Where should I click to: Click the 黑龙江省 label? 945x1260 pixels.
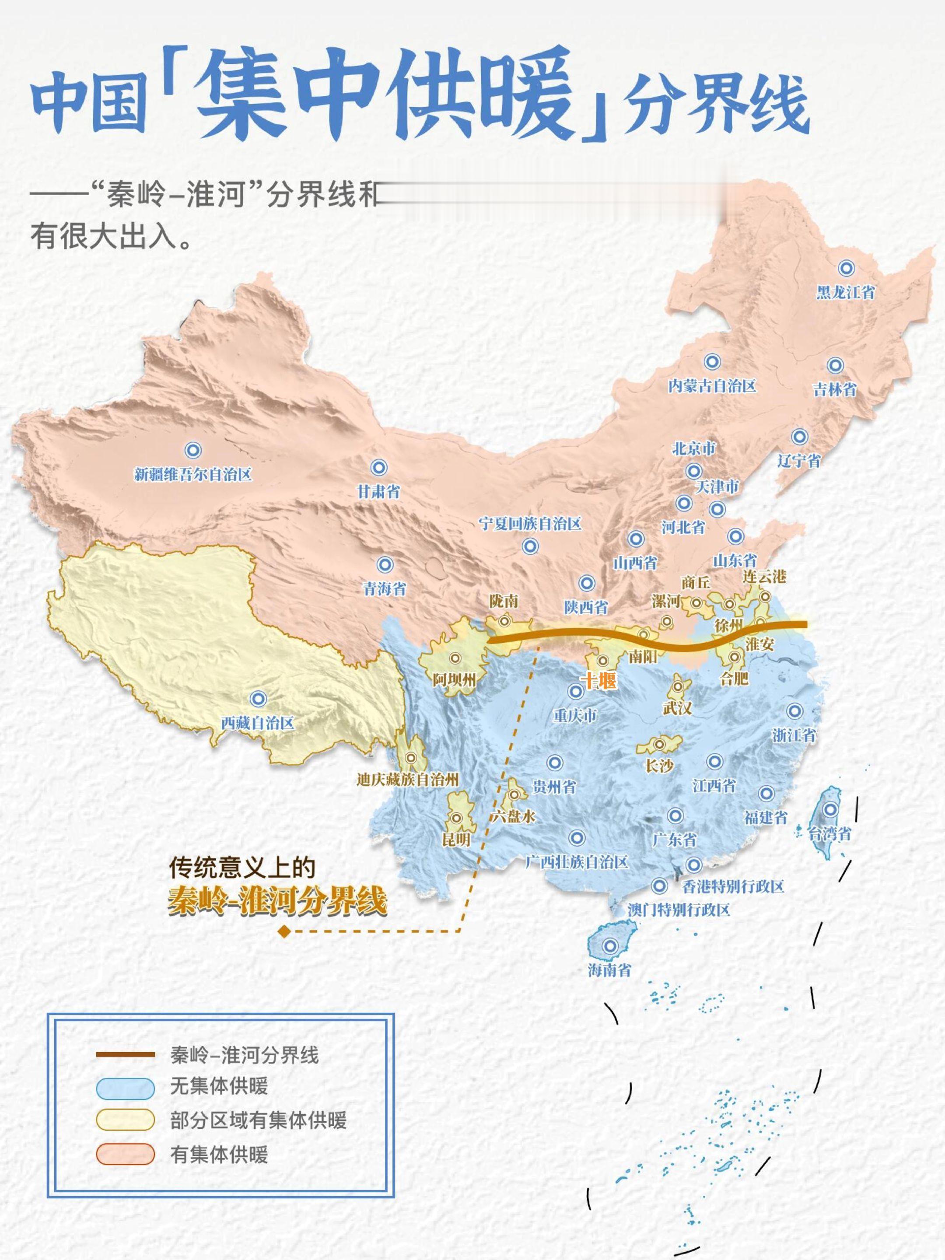click(845, 293)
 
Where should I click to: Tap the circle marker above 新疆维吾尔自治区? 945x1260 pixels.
click(193, 450)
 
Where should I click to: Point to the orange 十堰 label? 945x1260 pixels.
click(598, 681)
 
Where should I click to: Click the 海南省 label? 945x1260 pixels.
click(609, 969)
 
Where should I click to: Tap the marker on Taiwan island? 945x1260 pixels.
click(831, 809)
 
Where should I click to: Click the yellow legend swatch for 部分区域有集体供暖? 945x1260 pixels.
click(125, 1120)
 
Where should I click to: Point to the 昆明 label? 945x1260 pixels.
click(456, 839)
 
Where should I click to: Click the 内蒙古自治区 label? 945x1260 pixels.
click(712, 386)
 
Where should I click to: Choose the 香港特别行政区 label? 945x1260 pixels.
click(733, 886)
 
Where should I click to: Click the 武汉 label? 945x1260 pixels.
click(677, 708)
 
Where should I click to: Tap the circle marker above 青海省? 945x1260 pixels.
click(385, 564)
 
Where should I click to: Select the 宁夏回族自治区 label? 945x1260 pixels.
click(530, 524)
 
